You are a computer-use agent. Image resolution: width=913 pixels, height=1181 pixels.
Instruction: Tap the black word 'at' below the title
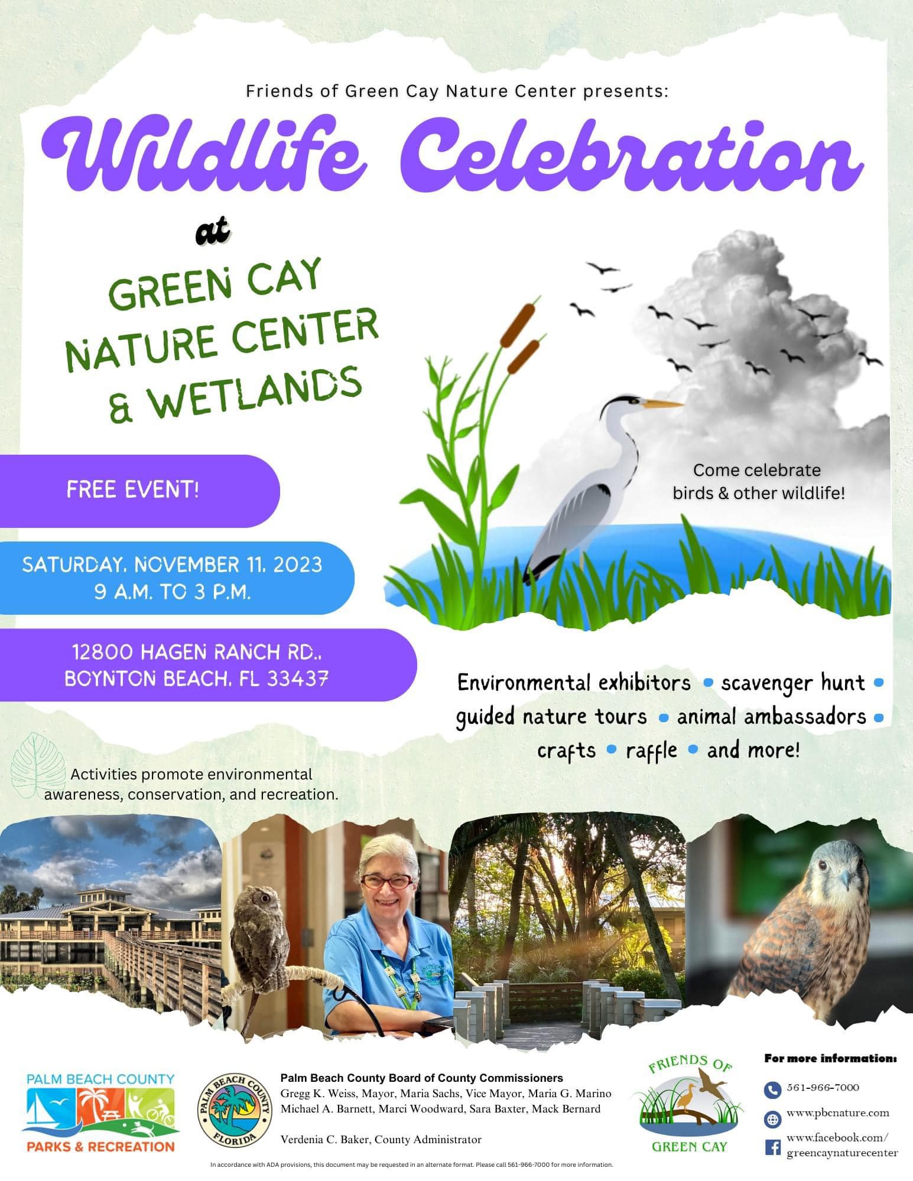pos(212,231)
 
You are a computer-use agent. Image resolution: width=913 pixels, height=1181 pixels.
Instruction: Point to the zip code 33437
pos(298,679)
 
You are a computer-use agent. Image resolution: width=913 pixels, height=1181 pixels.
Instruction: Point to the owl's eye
pos(264,898)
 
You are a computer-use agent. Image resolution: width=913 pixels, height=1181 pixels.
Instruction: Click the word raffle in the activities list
pos(651,751)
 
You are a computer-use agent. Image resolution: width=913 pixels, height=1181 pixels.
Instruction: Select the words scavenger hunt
pos(793,683)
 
